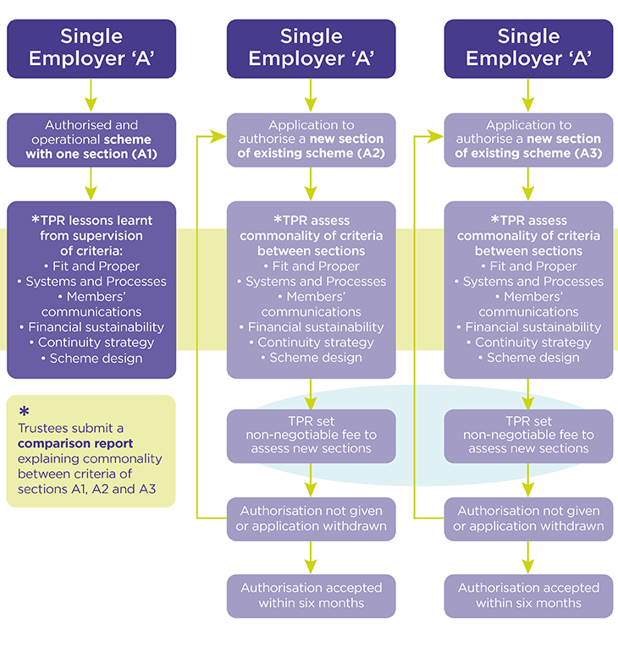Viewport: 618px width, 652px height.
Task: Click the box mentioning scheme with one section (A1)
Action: tap(91, 139)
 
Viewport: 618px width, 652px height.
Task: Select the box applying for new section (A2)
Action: tap(311, 139)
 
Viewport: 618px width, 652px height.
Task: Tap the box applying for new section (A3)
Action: tap(528, 139)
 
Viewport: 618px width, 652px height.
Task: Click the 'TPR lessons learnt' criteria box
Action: tap(91, 289)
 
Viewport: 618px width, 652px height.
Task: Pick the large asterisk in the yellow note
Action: tap(24, 411)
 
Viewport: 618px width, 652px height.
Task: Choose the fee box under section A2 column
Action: tap(311, 435)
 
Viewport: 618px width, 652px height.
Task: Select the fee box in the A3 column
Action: tap(528, 435)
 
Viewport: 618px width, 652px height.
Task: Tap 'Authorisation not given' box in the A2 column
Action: tap(311, 518)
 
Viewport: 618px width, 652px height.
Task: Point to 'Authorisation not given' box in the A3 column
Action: tap(528, 518)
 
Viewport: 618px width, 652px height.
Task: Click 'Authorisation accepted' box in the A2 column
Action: tap(311, 595)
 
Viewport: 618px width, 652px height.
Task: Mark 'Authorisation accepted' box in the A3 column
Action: tap(528, 595)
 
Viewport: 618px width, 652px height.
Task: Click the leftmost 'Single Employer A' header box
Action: tap(91, 48)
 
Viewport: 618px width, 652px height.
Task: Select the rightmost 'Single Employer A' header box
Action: tap(528, 48)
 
